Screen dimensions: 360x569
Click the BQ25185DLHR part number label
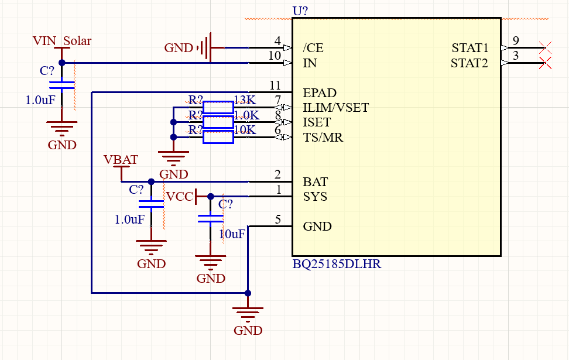pos(337,264)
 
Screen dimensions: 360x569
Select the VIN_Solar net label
pos(61,41)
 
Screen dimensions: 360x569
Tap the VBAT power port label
pos(121,160)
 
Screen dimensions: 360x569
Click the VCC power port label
pos(179,197)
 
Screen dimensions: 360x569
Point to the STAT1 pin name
pos(469,47)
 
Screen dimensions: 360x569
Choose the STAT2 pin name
pos(469,63)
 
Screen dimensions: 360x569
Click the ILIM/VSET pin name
pos(335,108)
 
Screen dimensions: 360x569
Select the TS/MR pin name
pos(323,138)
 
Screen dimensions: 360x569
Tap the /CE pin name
pos(313,47)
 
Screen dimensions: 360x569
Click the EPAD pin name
pos(320,92)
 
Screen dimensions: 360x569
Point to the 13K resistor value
pos(244,100)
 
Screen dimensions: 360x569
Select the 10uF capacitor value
pos(232,234)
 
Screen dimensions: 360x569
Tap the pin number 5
pos(277,220)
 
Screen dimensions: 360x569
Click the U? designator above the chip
pos(300,11)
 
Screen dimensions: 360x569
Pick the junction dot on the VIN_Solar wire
pos(61,63)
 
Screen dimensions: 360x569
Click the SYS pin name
pos(315,197)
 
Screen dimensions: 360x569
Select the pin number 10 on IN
pos(275,56)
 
